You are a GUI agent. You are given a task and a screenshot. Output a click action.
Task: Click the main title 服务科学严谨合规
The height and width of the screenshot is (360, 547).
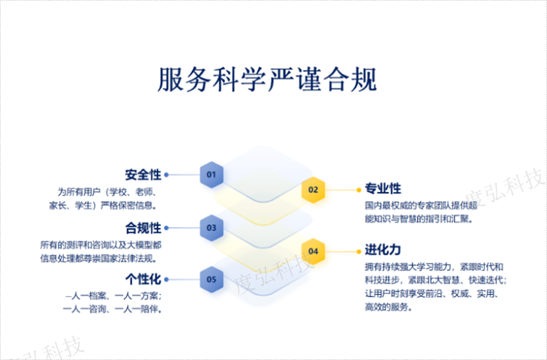[x=266, y=80]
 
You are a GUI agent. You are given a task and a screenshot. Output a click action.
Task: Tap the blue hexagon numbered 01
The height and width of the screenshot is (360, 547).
[x=212, y=175]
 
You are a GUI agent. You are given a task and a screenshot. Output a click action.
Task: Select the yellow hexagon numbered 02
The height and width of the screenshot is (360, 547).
[x=313, y=190]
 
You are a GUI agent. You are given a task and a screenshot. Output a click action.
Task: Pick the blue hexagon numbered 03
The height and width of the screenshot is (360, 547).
[x=212, y=227]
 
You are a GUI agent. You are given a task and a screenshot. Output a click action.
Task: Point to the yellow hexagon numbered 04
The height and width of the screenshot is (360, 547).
[x=313, y=250]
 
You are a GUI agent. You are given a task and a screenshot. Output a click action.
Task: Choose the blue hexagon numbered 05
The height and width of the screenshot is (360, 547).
[x=212, y=280]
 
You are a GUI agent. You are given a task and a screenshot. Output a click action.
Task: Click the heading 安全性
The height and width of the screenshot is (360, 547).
[x=143, y=175]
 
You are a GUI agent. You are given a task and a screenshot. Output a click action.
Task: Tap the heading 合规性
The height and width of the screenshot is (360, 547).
[x=143, y=227]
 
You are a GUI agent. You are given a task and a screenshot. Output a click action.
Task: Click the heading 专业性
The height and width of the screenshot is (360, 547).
[x=383, y=188]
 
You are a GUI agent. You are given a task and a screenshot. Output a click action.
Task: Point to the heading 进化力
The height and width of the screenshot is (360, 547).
[x=383, y=250]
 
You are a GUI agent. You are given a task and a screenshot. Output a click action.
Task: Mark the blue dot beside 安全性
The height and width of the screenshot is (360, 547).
[x=167, y=175]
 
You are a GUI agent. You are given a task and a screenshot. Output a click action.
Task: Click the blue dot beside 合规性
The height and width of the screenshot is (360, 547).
[x=167, y=227]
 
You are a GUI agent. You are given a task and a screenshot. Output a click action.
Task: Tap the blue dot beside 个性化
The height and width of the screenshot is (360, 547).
[x=167, y=280]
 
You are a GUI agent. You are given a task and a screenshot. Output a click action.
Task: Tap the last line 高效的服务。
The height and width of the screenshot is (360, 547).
[x=388, y=307]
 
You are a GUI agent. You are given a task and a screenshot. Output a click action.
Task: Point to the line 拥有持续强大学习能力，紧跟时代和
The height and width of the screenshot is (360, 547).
[x=434, y=267]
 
